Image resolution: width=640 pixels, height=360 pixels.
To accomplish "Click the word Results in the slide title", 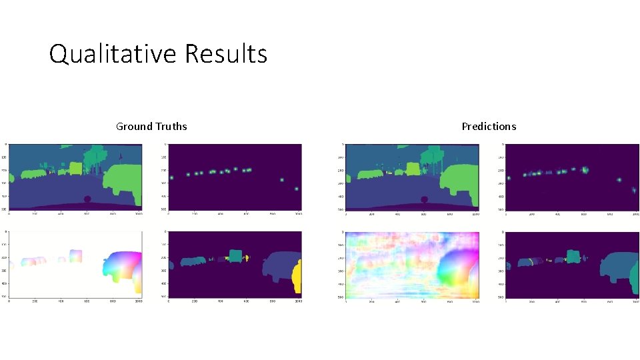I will (226, 54).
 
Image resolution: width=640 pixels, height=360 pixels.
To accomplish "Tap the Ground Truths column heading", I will (151, 127).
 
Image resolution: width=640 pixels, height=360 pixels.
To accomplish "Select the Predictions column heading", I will (489, 127).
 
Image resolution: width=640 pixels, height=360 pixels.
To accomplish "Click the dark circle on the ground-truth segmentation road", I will (87, 199).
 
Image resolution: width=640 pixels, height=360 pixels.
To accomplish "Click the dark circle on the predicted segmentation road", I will (424, 199).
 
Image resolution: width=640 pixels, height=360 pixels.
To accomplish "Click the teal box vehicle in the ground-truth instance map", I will (234, 256).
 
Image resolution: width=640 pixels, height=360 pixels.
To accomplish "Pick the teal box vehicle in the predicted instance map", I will (573, 256).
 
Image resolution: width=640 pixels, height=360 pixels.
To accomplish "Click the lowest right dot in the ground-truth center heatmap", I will (296, 189).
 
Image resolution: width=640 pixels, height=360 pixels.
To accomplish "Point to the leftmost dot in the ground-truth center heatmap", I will (171, 178).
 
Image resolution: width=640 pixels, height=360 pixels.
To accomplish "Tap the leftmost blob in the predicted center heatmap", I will (509, 178).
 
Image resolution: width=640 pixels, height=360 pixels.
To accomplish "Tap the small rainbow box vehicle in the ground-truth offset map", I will (76, 255).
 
